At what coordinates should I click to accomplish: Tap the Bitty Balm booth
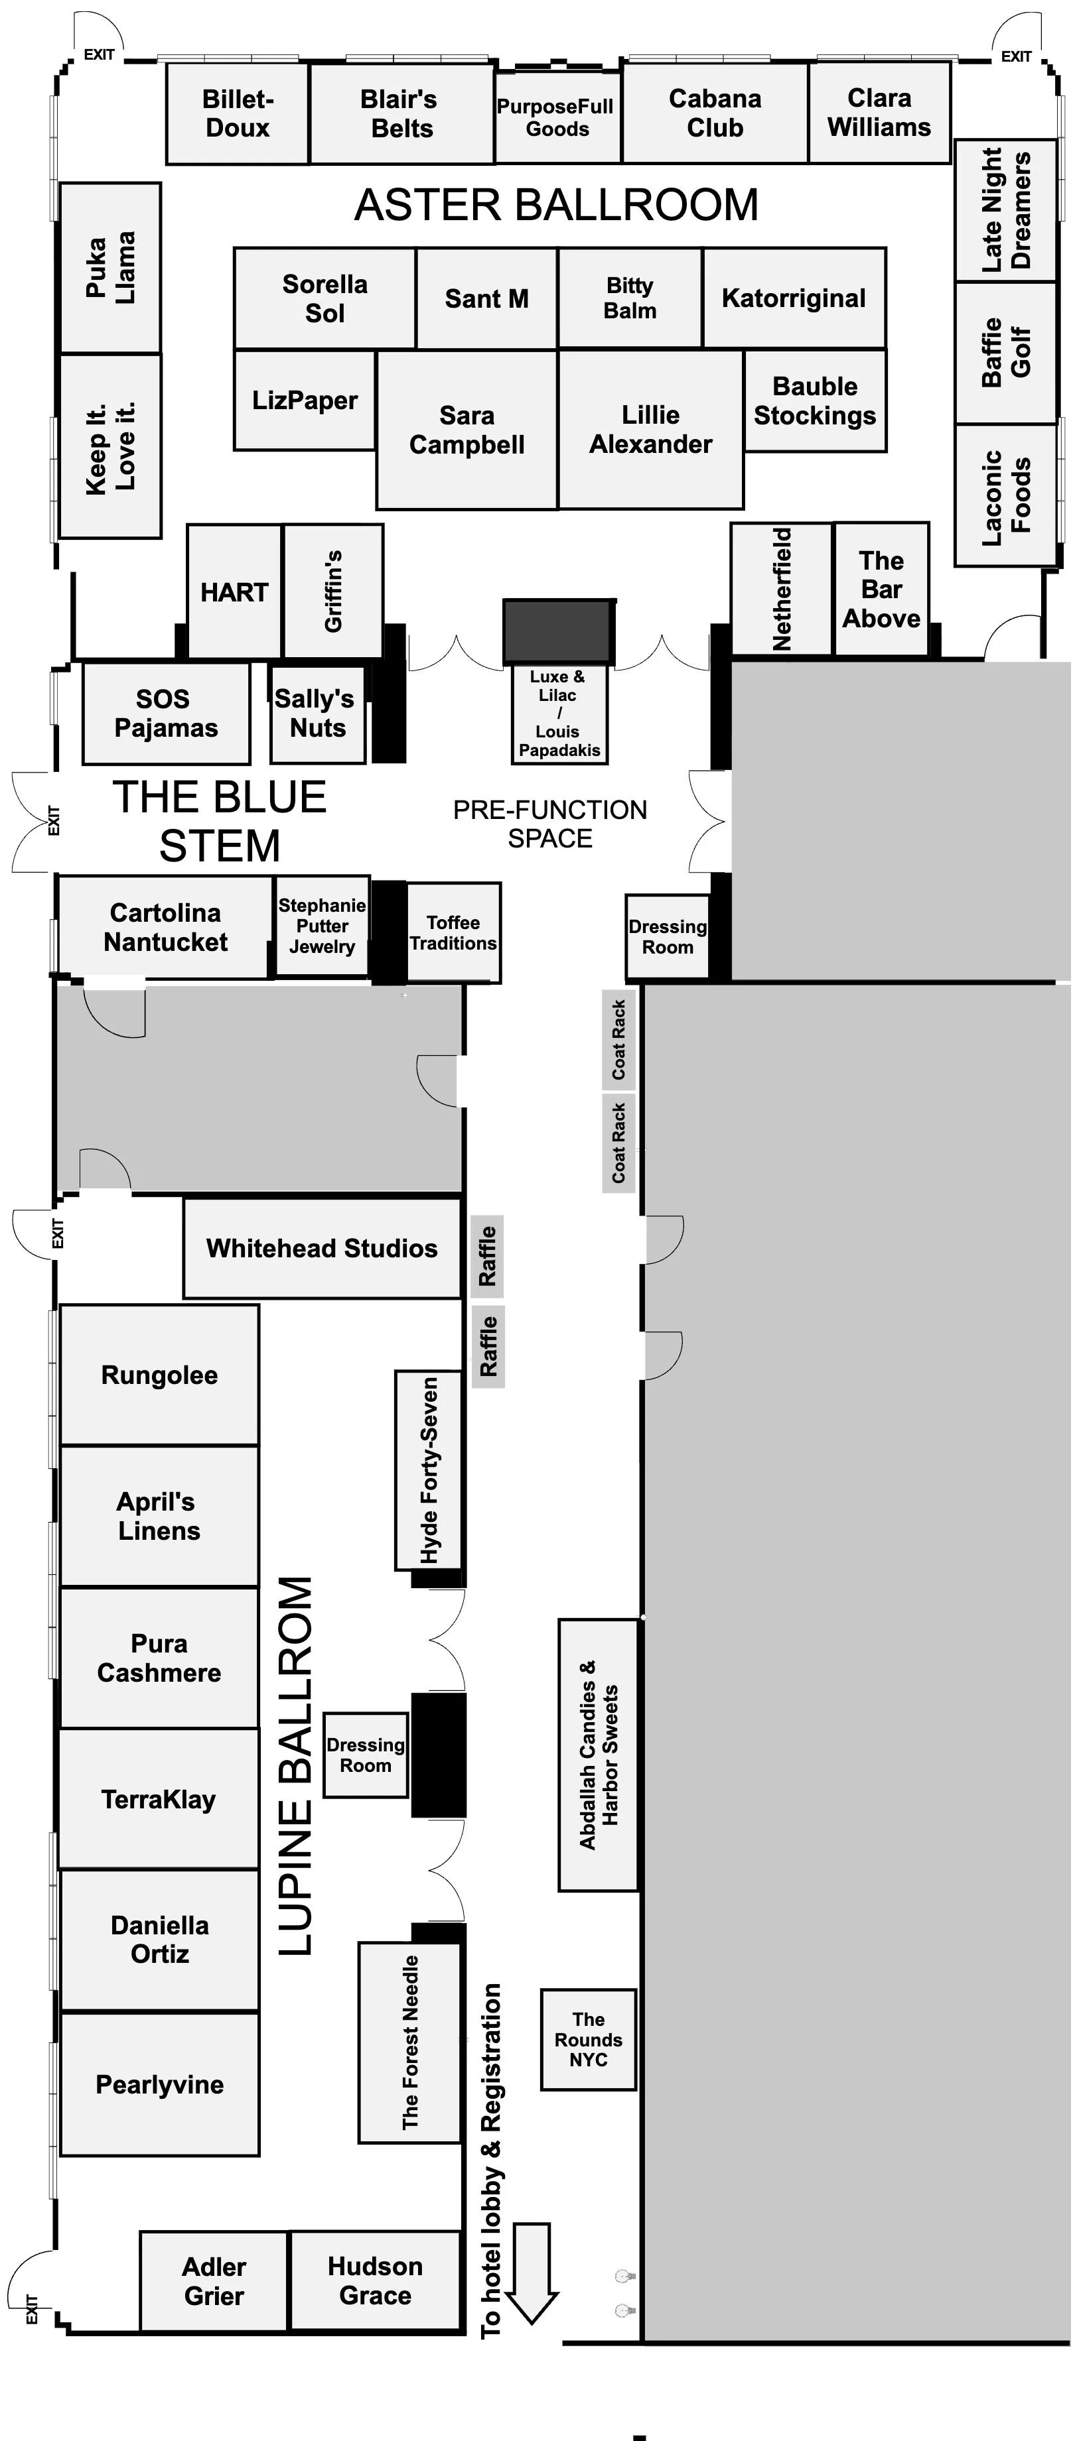[x=630, y=298]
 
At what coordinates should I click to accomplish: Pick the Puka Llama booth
[x=110, y=267]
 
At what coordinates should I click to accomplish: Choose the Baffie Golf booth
[x=1005, y=353]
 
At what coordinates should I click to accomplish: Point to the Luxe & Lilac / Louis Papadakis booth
[x=559, y=714]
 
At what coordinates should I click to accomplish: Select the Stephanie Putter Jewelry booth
[x=323, y=926]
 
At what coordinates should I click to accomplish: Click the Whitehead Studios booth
[x=323, y=1248]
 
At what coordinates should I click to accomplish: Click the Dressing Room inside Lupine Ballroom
[x=365, y=1755]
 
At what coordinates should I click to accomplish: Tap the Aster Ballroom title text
[x=557, y=205]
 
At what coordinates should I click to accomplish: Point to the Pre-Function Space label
[x=550, y=824]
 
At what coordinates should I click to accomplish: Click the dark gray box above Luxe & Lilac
[x=559, y=630]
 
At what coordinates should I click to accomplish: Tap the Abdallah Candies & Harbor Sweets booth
[x=599, y=1755]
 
